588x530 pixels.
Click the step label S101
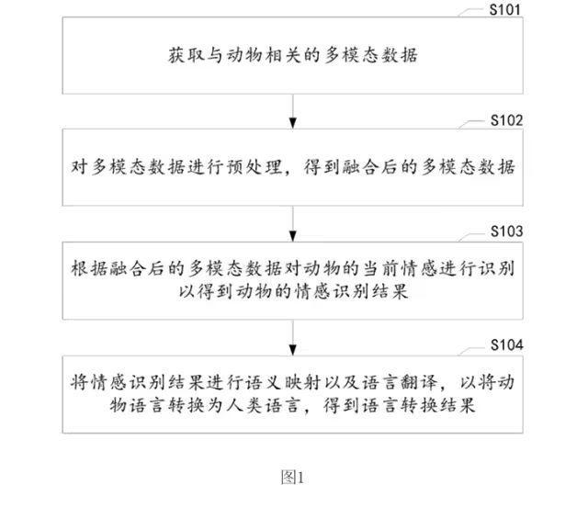point(505,10)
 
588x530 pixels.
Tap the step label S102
point(506,120)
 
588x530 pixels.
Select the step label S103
point(506,231)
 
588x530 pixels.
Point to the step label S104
point(506,344)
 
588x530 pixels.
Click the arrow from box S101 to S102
point(293,111)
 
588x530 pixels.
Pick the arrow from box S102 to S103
point(293,224)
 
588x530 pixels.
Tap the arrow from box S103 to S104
point(293,338)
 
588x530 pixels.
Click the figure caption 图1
point(292,477)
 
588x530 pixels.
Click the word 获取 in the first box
point(187,55)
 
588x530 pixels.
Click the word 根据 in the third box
point(89,268)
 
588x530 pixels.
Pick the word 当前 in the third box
point(380,268)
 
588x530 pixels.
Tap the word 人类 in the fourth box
point(244,405)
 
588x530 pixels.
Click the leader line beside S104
point(472,351)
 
